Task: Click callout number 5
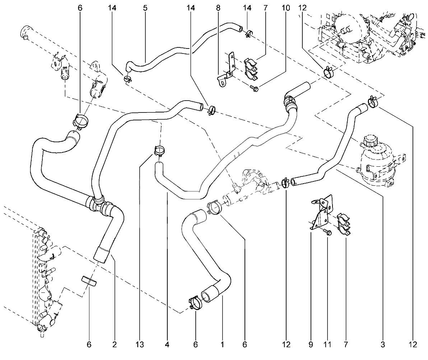click(145, 8)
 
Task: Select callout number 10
click(286, 8)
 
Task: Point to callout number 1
click(222, 345)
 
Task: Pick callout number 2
click(115, 345)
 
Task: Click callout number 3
click(382, 345)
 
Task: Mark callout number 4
click(167, 345)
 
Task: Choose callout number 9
click(311, 345)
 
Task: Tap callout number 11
click(327, 345)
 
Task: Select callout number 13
click(140, 345)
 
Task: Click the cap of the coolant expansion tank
click(370, 140)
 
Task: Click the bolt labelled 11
click(328, 232)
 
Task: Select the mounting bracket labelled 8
click(227, 70)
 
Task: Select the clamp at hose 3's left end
click(286, 183)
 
